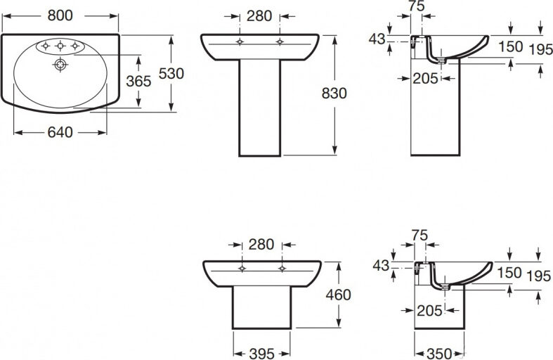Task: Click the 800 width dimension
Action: [x=60, y=15]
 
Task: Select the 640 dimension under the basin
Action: [x=60, y=132]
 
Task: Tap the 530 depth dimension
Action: [x=171, y=73]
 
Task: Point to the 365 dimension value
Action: [x=138, y=82]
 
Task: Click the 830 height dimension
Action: [x=334, y=94]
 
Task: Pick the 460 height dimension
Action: [x=338, y=295]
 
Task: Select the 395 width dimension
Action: [x=261, y=353]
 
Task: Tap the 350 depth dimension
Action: [x=439, y=353]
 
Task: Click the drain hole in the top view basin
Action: [x=60, y=65]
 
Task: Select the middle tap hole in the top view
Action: [x=60, y=46]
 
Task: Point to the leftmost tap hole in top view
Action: [x=46, y=46]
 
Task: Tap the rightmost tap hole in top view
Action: [x=74, y=46]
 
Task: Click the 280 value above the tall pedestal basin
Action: [x=259, y=16]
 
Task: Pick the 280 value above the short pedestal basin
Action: [x=261, y=244]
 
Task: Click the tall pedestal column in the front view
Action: [x=260, y=108]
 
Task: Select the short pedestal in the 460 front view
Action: [x=261, y=307]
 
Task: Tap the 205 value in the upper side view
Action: [x=425, y=78]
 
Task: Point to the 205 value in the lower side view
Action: [x=429, y=311]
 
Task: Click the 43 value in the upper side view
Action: [x=377, y=39]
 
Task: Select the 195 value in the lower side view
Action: [x=539, y=276]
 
